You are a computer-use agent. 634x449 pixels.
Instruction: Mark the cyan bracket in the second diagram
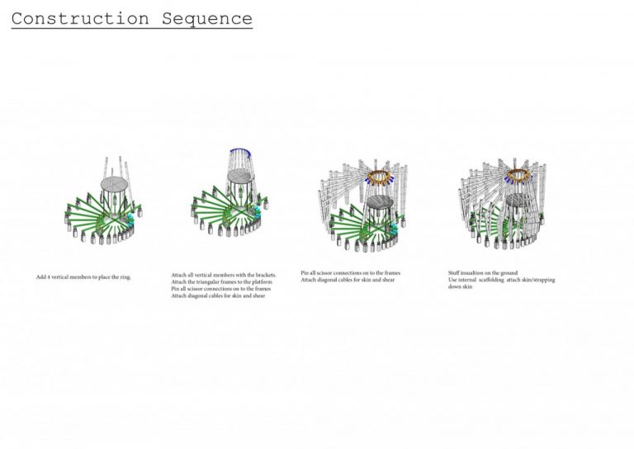click(x=258, y=215)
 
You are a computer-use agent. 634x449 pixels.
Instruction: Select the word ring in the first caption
click(x=125, y=276)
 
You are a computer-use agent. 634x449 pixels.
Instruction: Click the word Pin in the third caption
click(x=305, y=272)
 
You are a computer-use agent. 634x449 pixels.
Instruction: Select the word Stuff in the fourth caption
click(x=455, y=272)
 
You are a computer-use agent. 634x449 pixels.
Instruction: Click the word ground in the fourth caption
click(x=509, y=272)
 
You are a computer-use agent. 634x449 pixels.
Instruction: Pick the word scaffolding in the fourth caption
click(x=504, y=280)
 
